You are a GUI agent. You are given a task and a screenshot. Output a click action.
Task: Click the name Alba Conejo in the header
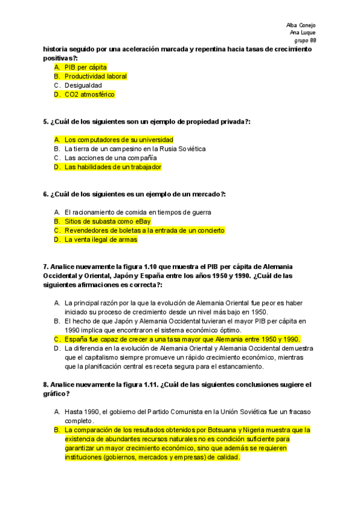click(x=301, y=25)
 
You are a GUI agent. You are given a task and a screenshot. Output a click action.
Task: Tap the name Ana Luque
click(x=303, y=32)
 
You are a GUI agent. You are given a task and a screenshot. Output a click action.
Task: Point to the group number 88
click(x=313, y=40)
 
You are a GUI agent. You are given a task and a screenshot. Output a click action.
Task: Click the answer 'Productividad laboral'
click(x=95, y=76)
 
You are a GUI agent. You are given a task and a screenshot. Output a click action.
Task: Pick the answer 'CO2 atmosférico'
click(x=89, y=94)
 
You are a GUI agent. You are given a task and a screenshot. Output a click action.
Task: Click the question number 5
click(x=46, y=122)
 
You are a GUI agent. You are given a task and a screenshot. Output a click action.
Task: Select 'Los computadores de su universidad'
click(x=119, y=139)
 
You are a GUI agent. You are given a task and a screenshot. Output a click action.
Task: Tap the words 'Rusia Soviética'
click(x=184, y=148)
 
